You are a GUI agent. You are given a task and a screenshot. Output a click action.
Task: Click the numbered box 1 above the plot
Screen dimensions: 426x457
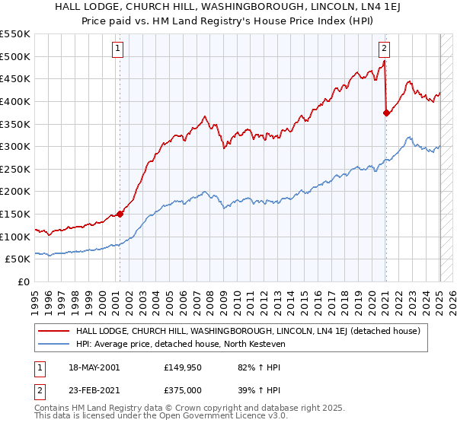click(x=119, y=49)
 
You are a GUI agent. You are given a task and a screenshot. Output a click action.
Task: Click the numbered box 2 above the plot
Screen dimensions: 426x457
click(x=384, y=49)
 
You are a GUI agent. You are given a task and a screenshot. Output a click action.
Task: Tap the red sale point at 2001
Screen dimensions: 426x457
click(x=120, y=215)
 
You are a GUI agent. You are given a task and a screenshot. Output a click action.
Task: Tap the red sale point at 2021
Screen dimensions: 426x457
click(x=386, y=113)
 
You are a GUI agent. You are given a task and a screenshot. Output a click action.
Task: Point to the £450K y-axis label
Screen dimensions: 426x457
click(x=15, y=78)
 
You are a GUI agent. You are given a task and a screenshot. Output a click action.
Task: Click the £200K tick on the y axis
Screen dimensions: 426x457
click(x=15, y=192)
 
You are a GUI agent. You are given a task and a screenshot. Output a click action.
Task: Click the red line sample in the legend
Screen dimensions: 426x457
click(x=54, y=331)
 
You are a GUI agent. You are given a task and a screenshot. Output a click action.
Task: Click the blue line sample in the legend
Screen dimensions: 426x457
click(x=54, y=345)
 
